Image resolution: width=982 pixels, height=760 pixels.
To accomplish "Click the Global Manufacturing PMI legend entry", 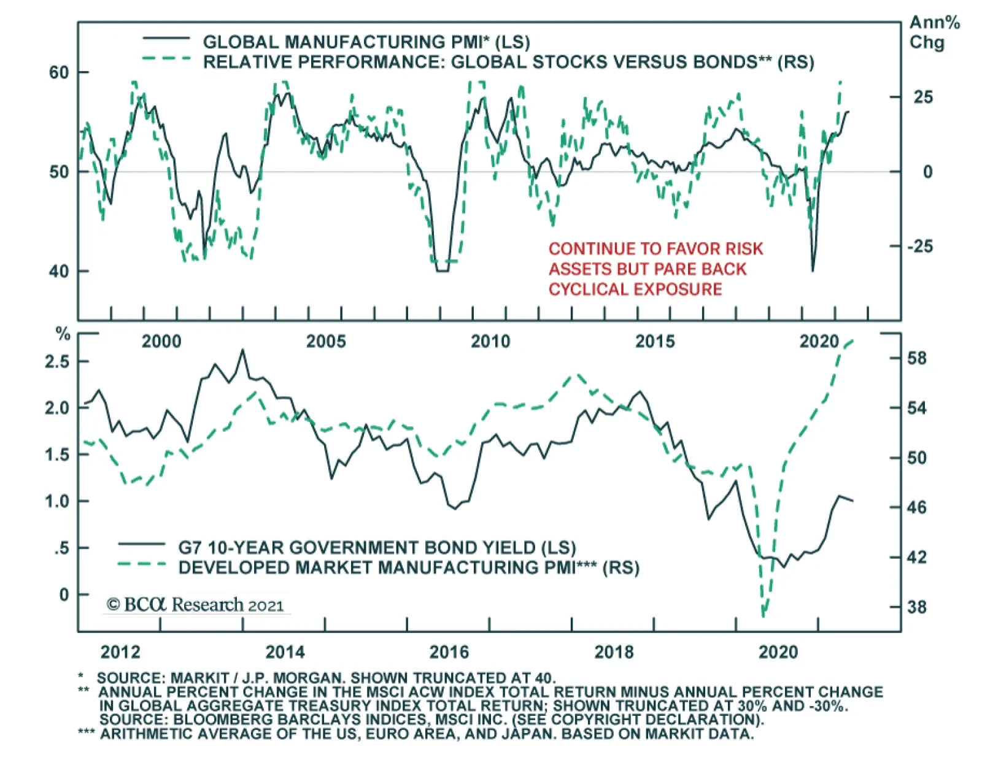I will click(x=366, y=42).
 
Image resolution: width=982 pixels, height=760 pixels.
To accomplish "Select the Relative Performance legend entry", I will click(x=508, y=62).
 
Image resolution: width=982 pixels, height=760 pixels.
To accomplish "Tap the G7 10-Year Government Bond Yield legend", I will click(x=377, y=547).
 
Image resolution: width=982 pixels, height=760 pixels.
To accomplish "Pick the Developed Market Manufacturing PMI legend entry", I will click(x=408, y=567).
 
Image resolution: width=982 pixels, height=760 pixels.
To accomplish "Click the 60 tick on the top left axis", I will click(x=59, y=72).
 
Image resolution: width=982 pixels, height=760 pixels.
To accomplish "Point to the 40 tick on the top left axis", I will click(x=59, y=271).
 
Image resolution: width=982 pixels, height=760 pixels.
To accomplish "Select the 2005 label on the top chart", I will click(x=326, y=342).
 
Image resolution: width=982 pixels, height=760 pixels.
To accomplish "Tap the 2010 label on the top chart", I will click(x=490, y=342).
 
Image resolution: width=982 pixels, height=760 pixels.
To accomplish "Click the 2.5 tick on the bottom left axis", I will click(x=57, y=361).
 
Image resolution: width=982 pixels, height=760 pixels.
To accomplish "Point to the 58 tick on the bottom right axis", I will click(x=917, y=358).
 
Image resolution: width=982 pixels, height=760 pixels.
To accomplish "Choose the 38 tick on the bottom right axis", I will click(x=917, y=607).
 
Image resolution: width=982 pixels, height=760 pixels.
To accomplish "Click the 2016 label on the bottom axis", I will click(x=449, y=651).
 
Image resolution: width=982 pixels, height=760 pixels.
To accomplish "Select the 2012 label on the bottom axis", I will click(x=120, y=651).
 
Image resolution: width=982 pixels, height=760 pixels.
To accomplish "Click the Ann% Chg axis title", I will click(x=934, y=33).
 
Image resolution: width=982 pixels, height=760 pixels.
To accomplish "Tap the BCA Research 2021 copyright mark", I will click(x=195, y=605).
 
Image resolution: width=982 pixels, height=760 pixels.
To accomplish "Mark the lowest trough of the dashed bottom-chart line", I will click(x=764, y=616).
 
